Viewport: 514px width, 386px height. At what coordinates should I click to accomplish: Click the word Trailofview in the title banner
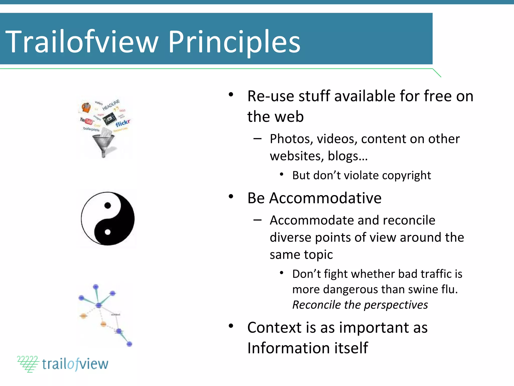(82, 42)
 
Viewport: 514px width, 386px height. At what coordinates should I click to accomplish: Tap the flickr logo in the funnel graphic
(122, 123)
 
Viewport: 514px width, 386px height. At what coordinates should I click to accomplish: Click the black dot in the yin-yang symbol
(108, 206)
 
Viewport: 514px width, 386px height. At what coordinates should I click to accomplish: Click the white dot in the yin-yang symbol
(108, 232)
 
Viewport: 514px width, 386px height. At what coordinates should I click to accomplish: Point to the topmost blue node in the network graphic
(96, 286)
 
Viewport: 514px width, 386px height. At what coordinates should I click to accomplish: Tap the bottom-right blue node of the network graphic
(129, 344)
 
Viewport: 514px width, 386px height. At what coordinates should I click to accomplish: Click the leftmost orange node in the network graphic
(83, 316)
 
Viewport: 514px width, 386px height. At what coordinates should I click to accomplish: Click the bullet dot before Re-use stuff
(231, 95)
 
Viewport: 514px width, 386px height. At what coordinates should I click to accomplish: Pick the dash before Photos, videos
(258, 139)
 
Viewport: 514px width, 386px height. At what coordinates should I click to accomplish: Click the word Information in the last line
(288, 348)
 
